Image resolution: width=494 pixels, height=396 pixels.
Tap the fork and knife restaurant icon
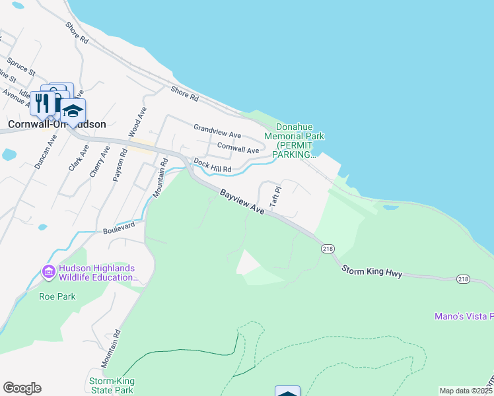[42, 102]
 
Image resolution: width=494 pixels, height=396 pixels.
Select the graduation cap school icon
[73, 110]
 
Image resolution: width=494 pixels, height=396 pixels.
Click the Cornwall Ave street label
[238, 150]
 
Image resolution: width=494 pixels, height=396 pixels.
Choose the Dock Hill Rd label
[212, 166]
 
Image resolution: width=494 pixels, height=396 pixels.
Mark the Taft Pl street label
[276, 197]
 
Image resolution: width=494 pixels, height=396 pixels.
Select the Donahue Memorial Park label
[295, 140]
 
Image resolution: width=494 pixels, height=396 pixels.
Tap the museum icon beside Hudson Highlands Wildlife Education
[48, 272]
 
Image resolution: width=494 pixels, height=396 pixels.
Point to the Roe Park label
[57, 296]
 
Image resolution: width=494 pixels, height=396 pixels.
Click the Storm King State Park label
[112, 385]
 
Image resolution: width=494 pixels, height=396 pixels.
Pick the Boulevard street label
[119, 228]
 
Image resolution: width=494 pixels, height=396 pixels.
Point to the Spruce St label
[21, 68]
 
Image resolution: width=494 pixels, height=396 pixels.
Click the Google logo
[22, 388]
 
